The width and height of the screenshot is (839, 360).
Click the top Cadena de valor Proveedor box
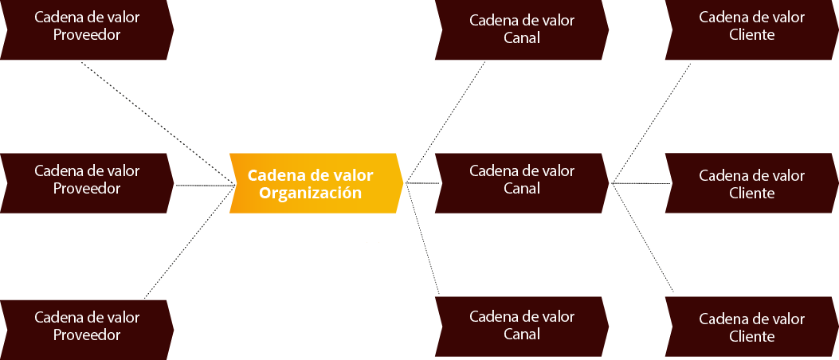coord(87,29)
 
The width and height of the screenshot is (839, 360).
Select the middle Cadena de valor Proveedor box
coord(87,183)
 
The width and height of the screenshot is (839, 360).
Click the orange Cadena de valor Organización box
coord(316,183)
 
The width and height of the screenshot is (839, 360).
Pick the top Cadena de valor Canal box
coord(522,29)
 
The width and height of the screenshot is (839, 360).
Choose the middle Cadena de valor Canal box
coord(522,183)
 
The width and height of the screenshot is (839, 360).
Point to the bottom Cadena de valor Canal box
coord(522,327)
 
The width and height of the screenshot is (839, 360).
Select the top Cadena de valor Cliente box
coord(752,29)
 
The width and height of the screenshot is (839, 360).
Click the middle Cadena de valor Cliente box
coord(752,183)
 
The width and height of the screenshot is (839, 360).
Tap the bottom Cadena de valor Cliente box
coord(752,327)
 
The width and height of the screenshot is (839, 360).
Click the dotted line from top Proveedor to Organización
coord(159,124)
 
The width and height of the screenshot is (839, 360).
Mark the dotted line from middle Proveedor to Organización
coord(206,186)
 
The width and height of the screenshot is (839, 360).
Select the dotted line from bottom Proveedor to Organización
coord(190,242)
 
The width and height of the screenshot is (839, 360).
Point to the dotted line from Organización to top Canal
coord(445,122)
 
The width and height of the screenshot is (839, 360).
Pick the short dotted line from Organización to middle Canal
coord(423,183)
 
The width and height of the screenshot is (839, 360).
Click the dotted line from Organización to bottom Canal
coord(423,239)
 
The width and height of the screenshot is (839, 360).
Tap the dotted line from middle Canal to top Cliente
coord(651,123)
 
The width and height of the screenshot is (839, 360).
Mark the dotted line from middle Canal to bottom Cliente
coord(642,237)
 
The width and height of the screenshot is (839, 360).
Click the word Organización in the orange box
coord(311,193)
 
